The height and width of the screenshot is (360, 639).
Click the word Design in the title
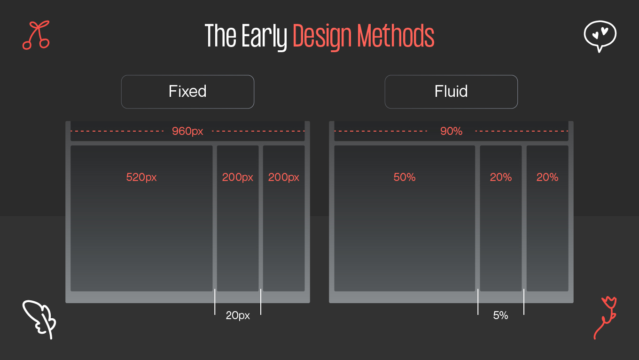(x=322, y=36)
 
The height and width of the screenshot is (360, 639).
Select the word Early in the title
(x=264, y=36)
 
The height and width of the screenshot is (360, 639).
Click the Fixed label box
(x=187, y=92)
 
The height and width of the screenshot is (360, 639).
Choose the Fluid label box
(x=451, y=92)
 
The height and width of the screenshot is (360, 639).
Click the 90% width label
(x=451, y=132)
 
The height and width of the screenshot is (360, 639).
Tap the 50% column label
(x=405, y=178)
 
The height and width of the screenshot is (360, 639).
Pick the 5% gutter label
(x=500, y=316)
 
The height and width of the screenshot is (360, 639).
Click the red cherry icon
(x=36, y=35)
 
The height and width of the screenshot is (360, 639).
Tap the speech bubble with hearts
(x=600, y=35)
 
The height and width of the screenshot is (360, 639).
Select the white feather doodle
(x=39, y=319)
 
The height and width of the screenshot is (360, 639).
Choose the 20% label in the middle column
(x=501, y=178)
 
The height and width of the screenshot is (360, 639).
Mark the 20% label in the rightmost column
(x=547, y=178)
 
